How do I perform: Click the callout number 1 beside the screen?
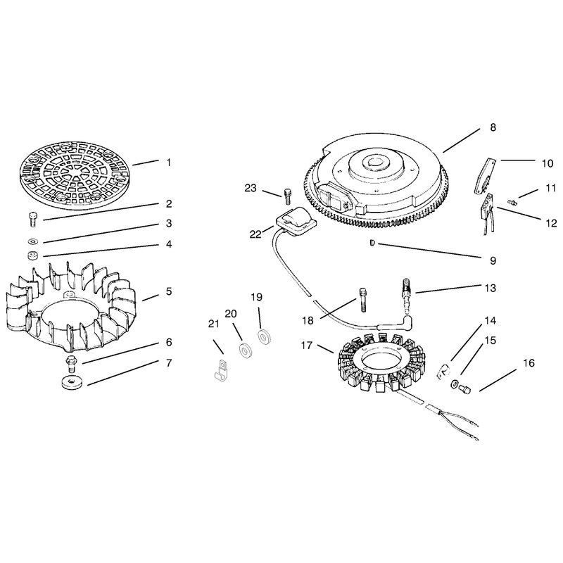click(169, 163)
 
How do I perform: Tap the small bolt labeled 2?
click(32, 219)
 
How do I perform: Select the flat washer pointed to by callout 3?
click(34, 241)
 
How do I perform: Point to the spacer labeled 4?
click(33, 256)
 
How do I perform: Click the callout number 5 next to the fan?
click(169, 291)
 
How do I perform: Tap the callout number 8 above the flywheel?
click(493, 127)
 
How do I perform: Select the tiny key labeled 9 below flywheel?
click(372, 243)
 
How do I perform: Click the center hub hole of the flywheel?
click(374, 162)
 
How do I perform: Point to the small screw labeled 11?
click(512, 203)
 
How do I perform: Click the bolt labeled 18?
click(362, 299)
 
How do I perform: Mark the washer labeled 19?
click(265, 338)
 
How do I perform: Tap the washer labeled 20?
click(245, 350)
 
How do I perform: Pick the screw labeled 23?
click(286, 196)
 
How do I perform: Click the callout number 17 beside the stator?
click(307, 346)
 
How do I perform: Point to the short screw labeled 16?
click(464, 389)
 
